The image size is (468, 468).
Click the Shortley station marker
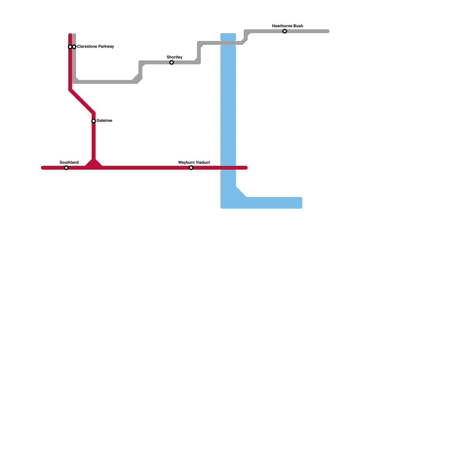pyautogui.click(x=172, y=63)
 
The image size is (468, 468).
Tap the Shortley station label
pyautogui.click(x=174, y=57)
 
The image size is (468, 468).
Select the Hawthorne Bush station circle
pyautogui.click(x=285, y=31)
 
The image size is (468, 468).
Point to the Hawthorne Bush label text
pyautogui.click(x=288, y=26)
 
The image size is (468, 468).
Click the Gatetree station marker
pyautogui.click(x=94, y=121)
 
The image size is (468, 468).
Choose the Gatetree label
pyautogui.click(x=104, y=121)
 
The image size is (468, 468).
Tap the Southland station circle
pyautogui.click(x=66, y=168)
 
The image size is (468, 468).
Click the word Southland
pyautogui.click(x=69, y=163)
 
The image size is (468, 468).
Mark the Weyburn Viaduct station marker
pyautogui.click(x=191, y=168)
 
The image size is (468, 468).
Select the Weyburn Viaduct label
pyautogui.click(x=194, y=163)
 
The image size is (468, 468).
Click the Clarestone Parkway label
pyautogui.click(x=95, y=47)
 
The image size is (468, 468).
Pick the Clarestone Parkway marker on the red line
pyautogui.click(x=70, y=47)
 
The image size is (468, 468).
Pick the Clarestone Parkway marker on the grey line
pyautogui.click(x=74, y=47)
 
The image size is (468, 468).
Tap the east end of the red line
pyautogui.click(x=246, y=168)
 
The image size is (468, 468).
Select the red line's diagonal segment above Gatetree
pyautogui.click(x=82, y=102)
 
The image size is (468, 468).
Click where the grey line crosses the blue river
pyautogui.click(x=228, y=43)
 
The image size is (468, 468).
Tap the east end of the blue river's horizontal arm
pyautogui.click(x=300, y=203)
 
